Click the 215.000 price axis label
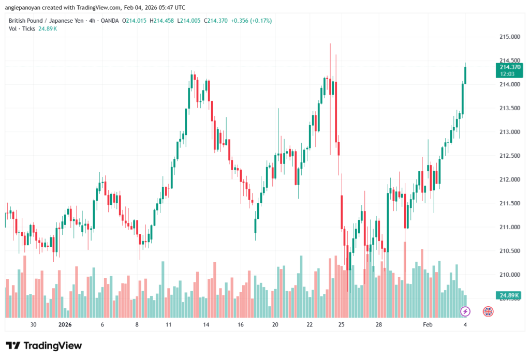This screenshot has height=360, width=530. click(x=509, y=37)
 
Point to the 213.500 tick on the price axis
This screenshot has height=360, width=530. click(x=509, y=108)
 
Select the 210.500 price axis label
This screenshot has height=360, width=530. click(x=509, y=251)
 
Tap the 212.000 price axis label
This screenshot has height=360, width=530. click(x=509, y=179)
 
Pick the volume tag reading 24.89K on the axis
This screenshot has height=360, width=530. click(x=509, y=295)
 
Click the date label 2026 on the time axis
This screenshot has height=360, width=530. click(x=65, y=325)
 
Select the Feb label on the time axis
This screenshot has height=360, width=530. click(x=428, y=325)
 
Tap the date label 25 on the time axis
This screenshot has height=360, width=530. click(x=342, y=325)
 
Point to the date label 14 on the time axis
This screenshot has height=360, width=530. click(x=206, y=325)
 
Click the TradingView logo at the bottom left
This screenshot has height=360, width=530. click(x=43, y=346)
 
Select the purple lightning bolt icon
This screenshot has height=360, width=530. click(x=465, y=311)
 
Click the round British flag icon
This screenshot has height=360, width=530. click(x=488, y=311)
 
